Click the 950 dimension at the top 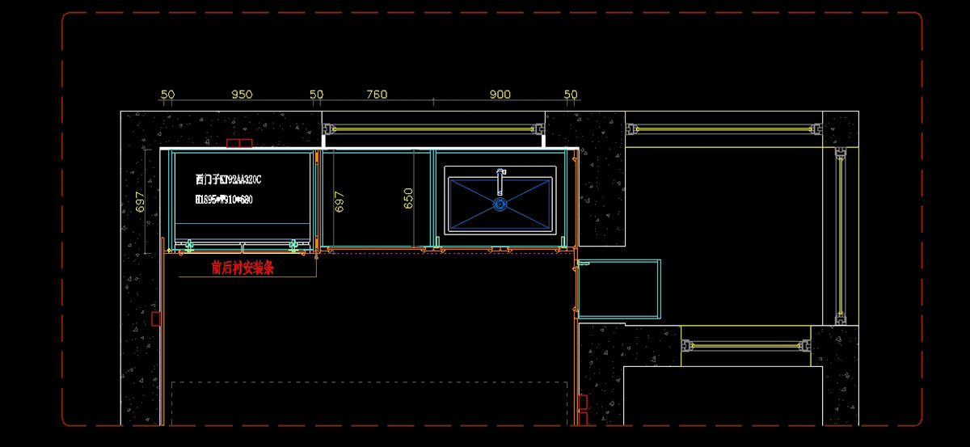tap(242, 95)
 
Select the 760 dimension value tap(377, 95)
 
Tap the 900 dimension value tap(500, 95)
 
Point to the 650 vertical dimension tap(409, 198)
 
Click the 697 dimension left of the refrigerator tap(140, 202)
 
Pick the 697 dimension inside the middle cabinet tap(339, 201)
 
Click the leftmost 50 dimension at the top tap(167, 95)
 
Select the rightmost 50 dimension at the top tap(571, 95)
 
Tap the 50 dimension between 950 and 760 tap(317, 95)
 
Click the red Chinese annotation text tap(242, 268)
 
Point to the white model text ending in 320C tap(229, 179)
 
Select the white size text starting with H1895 tap(224, 200)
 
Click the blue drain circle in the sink tap(500, 205)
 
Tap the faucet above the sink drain tap(500, 181)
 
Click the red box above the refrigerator tap(239, 144)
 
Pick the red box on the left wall tap(156, 318)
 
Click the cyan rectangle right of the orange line tap(620, 289)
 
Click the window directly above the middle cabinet tap(434, 129)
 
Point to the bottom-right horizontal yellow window tap(747, 346)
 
